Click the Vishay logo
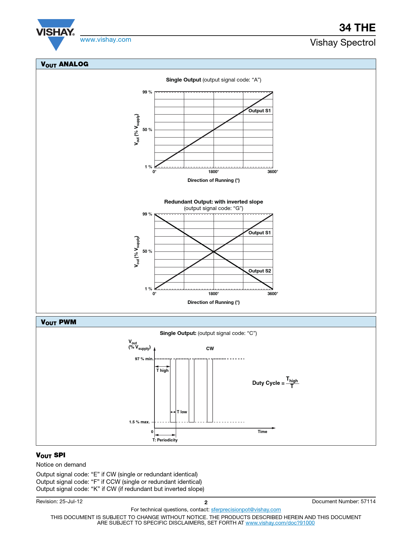(56, 34)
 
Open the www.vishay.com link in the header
(106, 39)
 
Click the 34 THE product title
(357, 28)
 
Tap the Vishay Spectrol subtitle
(343, 42)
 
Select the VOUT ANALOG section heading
(65, 64)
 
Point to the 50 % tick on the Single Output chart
(147, 130)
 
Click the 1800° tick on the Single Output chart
(214, 172)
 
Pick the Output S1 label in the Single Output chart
(259, 111)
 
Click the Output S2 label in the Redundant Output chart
(259, 271)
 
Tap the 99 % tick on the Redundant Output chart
(147, 214)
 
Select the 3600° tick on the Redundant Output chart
(273, 294)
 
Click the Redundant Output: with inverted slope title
(214, 202)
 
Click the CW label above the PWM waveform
(210, 349)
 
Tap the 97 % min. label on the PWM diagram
(144, 359)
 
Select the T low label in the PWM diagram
(182, 412)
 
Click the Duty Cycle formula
(275, 383)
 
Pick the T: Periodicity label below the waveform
(165, 440)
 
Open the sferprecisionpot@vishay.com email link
(246, 509)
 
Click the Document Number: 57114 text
(344, 501)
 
